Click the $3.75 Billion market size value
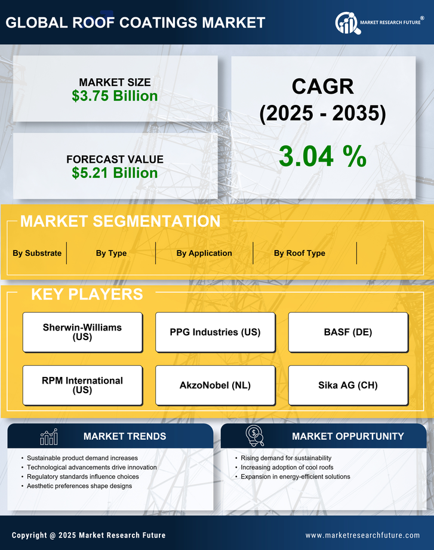pyautogui.click(x=115, y=96)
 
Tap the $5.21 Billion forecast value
pyautogui.click(x=115, y=173)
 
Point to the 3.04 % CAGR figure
pyautogui.click(x=322, y=156)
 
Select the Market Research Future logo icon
pyautogui.click(x=347, y=23)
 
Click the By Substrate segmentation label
pyautogui.click(x=37, y=253)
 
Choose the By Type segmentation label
pyautogui.click(x=111, y=253)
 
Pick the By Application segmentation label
pyautogui.click(x=204, y=253)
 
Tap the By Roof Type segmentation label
pyautogui.click(x=300, y=253)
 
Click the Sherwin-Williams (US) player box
pyautogui.click(x=82, y=332)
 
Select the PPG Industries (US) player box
pyautogui.click(x=216, y=332)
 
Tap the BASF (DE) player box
pyautogui.click(x=348, y=332)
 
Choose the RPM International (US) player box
pyautogui.click(x=82, y=385)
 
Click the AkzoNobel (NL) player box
pyautogui.click(x=216, y=385)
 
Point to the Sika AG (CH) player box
pyautogui.click(x=348, y=385)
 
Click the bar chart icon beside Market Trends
pyautogui.click(x=48, y=437)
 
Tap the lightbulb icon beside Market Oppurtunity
pyautogui.click(x=255, y=437)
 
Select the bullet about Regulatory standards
pyautogui.click(x=83, y=477)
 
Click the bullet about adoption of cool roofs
pyautogui.click(x=287, y=467)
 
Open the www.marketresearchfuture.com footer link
pyautogui.click(x=362, y=535)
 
